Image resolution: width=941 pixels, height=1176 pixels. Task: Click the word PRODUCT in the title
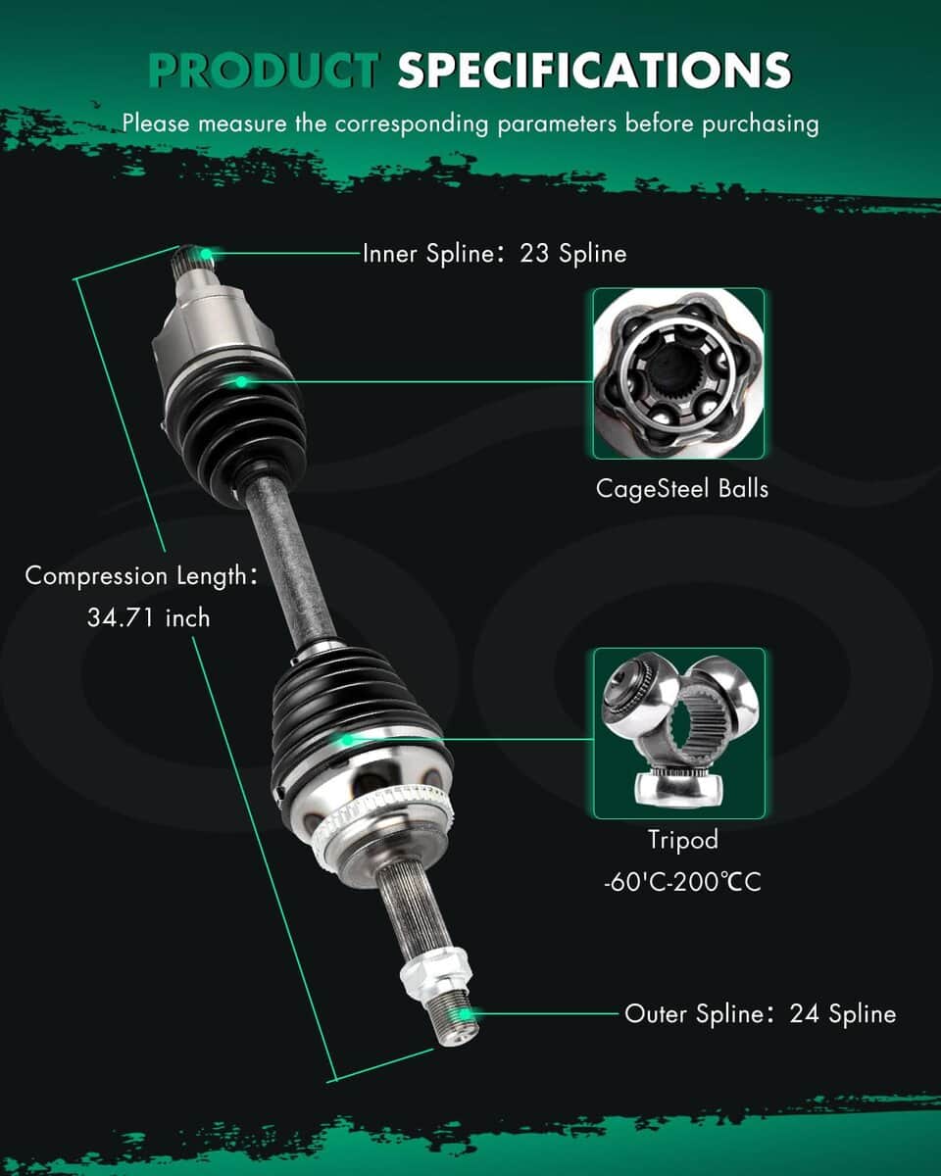[x=264, y=70]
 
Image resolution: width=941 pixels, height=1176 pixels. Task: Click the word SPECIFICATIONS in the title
[x=594, y=70]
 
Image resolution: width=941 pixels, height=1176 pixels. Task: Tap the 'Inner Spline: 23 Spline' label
[x=494, y=254]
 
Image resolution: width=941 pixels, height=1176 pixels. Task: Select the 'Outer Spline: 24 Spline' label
[x=761, y=1013]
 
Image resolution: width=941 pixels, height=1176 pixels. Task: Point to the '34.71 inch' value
[x=149, y=618]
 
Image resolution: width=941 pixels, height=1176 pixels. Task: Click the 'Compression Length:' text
[x=141, y=576]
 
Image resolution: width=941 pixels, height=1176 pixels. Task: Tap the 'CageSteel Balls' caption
[x=682, y=489]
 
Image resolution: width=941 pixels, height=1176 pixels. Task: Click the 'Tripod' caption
[x=683, y=840]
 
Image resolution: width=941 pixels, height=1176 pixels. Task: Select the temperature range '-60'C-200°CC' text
[x=682, y=882]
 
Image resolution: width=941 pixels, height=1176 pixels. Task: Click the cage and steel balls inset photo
[x=678, y=373]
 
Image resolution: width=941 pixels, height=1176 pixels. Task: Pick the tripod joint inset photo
[x=679, y=733]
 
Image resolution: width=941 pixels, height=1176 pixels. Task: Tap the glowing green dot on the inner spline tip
[x=206, y=254]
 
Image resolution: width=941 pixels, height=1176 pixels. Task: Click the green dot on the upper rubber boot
[x=241, y=382]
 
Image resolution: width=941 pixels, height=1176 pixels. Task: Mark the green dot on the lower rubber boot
[x=346, y=741]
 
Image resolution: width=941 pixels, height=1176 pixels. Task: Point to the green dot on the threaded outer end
[x=465, y=1015]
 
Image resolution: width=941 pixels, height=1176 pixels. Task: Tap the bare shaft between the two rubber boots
[x=289, y=563]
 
